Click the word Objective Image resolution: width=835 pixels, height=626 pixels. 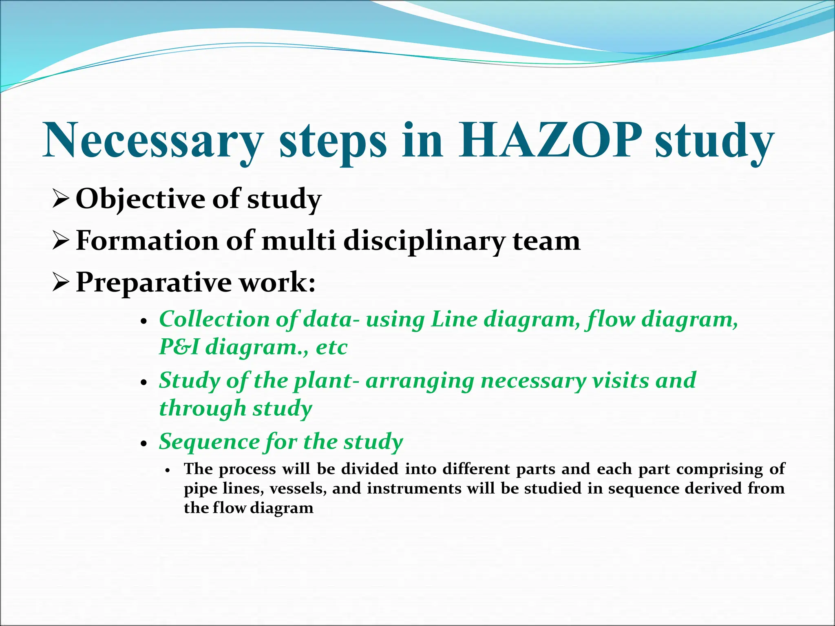pos(141,200)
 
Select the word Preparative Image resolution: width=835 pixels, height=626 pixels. pos(155,283)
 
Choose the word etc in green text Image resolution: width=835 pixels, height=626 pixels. pos(331,348)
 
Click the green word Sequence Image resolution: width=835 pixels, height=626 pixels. pos(209,442)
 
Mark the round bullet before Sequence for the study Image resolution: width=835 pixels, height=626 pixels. pos(143,444)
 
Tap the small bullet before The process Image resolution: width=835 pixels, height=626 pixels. pos(167,470)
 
